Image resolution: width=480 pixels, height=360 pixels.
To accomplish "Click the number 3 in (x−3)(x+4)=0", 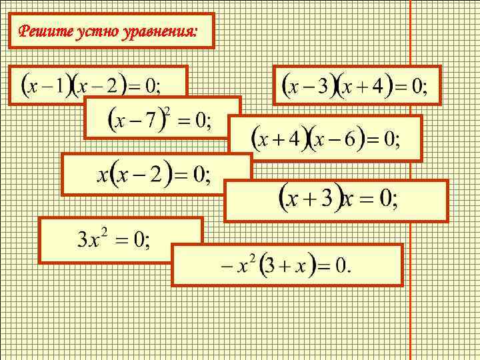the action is click(323, 86).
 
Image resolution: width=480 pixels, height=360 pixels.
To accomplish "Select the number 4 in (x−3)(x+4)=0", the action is click(378, 86).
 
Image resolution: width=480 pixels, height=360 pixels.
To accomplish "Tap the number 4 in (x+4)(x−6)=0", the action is click(295, 139).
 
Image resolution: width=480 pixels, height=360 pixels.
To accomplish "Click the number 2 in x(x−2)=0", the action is click(155, 175).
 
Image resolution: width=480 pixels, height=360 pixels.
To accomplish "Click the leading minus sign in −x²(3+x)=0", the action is click(225, 265).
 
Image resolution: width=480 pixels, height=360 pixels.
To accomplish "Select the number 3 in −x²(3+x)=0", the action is click(268, 265).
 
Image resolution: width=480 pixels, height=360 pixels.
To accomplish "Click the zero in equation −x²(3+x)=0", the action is click(341, 265).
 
